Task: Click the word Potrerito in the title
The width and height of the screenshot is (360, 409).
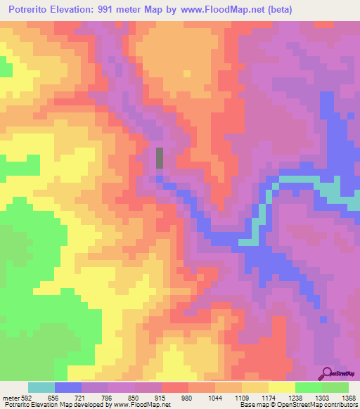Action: pos(34,10)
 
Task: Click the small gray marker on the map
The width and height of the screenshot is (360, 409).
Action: pos(160,157)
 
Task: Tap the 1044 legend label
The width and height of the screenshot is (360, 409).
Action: pos(216,397)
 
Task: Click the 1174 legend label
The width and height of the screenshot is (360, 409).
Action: pos(270,397)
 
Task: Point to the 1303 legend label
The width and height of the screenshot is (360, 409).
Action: pos(324,397)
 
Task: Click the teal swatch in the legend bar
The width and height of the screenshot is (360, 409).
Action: pos(41,387)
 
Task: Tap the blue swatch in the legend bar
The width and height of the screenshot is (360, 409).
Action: pos(68,387)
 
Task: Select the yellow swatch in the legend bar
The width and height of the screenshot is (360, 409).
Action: pos(282,387)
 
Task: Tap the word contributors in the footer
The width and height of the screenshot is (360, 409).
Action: pos(340,405)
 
